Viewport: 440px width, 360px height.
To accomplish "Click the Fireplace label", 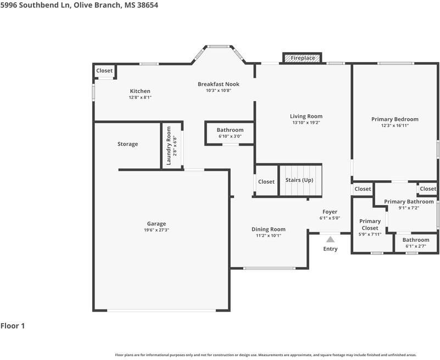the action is pyautogui.click(x=303, y=58).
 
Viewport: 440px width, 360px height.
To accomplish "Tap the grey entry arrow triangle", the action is pyautogui.click(x=330, y=239).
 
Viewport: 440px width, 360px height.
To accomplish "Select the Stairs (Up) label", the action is pyautogui.click(x=299, y=180).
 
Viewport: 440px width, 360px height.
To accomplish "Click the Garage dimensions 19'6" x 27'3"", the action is pyautogui.click(x=157, y=230).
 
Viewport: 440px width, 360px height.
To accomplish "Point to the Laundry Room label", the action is pyautogui.click(x=169, y=146).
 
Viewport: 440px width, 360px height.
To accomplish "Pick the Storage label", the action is pyautogui.click(x=127, y=144).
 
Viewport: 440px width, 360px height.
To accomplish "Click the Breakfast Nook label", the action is pyautogui.click(x=219, y=84).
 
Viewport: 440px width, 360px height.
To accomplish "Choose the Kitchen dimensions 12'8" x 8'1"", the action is pyautogui.click(x=140, y=97).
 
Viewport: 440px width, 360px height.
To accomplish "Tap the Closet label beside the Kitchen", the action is pyautogui.click(x=104, y=71).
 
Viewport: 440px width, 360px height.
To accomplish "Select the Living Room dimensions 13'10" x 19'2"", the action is pyautogui.click(x=306, y=123).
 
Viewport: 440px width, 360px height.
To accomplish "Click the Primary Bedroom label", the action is pyautogui.click(x=395, y=119).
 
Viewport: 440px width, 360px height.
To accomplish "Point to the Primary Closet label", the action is pyautogui.click(x=370, y=225).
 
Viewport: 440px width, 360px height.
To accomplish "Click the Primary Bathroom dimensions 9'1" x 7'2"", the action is pyautogui.click(x=409, y=208).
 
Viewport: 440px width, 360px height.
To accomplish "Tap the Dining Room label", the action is pyautogui.click(x=269, y=229).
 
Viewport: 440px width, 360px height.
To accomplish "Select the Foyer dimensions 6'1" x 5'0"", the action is pyautogui.click(x=330, y=218).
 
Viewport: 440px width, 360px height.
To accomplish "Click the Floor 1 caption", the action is pyautogui.click(x=13, y=326).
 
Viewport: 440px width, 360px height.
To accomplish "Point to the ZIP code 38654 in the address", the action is pyautogui.click(x=148, y=5).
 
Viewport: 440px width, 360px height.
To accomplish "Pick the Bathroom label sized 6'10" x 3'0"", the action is pyautogui.click(x=230, y=130).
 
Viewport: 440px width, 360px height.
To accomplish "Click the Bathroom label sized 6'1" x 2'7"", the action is pyautogui.click(x=416, y=240).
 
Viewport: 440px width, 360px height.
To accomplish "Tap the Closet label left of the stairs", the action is pyautogui.click(x=266, y=182).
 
